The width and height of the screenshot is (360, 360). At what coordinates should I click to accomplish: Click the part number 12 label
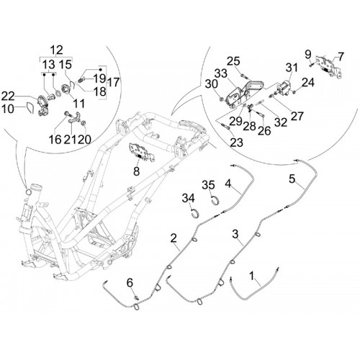click(x=57, y=50)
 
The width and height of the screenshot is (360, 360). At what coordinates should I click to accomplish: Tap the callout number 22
click(x=8, y=97)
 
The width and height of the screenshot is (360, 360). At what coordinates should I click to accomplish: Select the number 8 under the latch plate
click(x=136, y=171)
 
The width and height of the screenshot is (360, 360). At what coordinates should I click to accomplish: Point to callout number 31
click(x=292, y=68)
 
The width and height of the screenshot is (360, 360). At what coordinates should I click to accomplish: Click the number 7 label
click(x=341, y=57)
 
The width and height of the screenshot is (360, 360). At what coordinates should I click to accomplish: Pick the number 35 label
click(x=208, y=185)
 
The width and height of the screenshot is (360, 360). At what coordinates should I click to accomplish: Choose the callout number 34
click(x=189, y=198)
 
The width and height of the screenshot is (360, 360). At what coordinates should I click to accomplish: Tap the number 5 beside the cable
click(x=292, y=179)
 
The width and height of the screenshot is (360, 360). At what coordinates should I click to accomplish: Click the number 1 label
click(x=252, y=276)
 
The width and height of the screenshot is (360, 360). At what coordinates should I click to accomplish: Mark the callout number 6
click(x=130, y=283)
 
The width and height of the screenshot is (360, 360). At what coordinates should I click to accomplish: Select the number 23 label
click(x=237, y=143)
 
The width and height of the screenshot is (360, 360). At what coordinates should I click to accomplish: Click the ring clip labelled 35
click(x=216, y=200)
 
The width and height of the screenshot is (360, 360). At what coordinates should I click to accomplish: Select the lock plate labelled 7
click(x=329, y=66)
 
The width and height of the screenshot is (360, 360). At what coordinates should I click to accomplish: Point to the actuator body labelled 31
click(x=284, y=86)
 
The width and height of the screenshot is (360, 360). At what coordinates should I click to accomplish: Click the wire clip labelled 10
click(x=31, y=109)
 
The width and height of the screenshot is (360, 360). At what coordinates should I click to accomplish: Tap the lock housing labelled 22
click(x=43, y=106)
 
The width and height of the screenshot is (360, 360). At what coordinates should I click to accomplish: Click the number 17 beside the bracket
click(x=114, y=82)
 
